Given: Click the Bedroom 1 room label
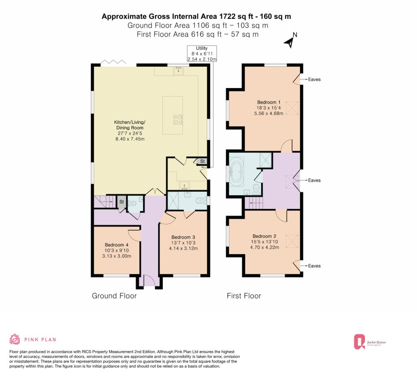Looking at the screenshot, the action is click(269, 108).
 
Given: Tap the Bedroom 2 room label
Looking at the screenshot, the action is click(264, 242).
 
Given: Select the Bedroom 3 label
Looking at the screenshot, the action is click(183, 243).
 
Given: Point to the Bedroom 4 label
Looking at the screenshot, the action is click(116, 251).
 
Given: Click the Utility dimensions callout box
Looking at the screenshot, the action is click(202, 54).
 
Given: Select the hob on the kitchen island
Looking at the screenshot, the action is click(178, 119).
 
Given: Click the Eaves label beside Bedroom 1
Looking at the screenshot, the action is click(314, 79).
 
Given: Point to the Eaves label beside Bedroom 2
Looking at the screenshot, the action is click(314, 266).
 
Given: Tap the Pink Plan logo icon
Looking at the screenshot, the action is click(15, 339).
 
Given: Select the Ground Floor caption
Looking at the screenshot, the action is click(114, 296).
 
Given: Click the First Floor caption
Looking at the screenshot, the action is click(244, 296).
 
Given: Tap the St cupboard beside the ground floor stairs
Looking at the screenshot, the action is click(121, 202).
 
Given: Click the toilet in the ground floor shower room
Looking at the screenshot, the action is click(202, 200).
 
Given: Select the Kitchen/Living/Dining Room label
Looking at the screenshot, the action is click(130, 130).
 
